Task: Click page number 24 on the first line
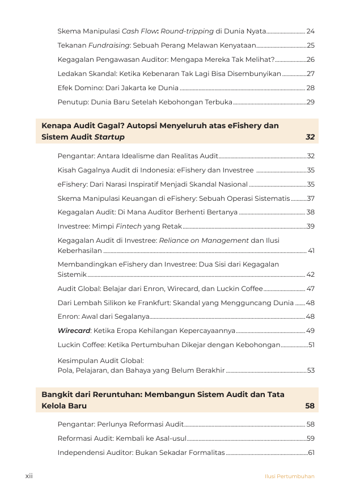[x=310, y=31]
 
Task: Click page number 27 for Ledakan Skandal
[x=310, y=74]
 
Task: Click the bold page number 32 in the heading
[x=310, y=137]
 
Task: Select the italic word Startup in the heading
[x=109, y=137]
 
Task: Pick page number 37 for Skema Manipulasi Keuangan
[x=310, y=198]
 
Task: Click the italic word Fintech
[x=129, y=226]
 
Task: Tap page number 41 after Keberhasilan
[x=311, y=250]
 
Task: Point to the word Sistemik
[x=72, y=274]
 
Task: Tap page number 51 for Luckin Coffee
[x=311, y=345]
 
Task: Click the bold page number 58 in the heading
[x=310, y=406]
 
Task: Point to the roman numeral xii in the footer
[x=29, y=476]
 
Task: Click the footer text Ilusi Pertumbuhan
[x=289, y=476]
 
